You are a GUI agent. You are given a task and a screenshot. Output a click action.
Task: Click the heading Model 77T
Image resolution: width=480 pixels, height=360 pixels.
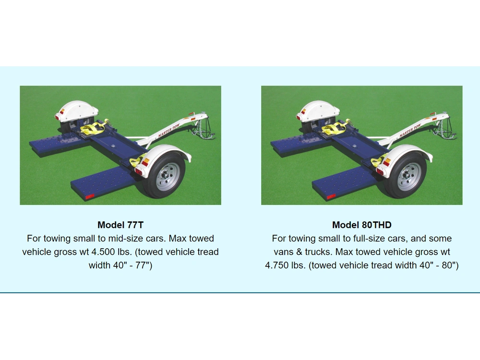click(120, 225)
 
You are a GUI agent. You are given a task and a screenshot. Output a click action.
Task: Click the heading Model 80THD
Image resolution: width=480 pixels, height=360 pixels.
click(361, 225)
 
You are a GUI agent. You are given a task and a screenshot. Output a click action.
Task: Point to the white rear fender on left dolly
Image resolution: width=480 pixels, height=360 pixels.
click(77, 109)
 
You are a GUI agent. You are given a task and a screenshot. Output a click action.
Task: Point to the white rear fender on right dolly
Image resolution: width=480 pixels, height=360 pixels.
click(318, 109)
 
